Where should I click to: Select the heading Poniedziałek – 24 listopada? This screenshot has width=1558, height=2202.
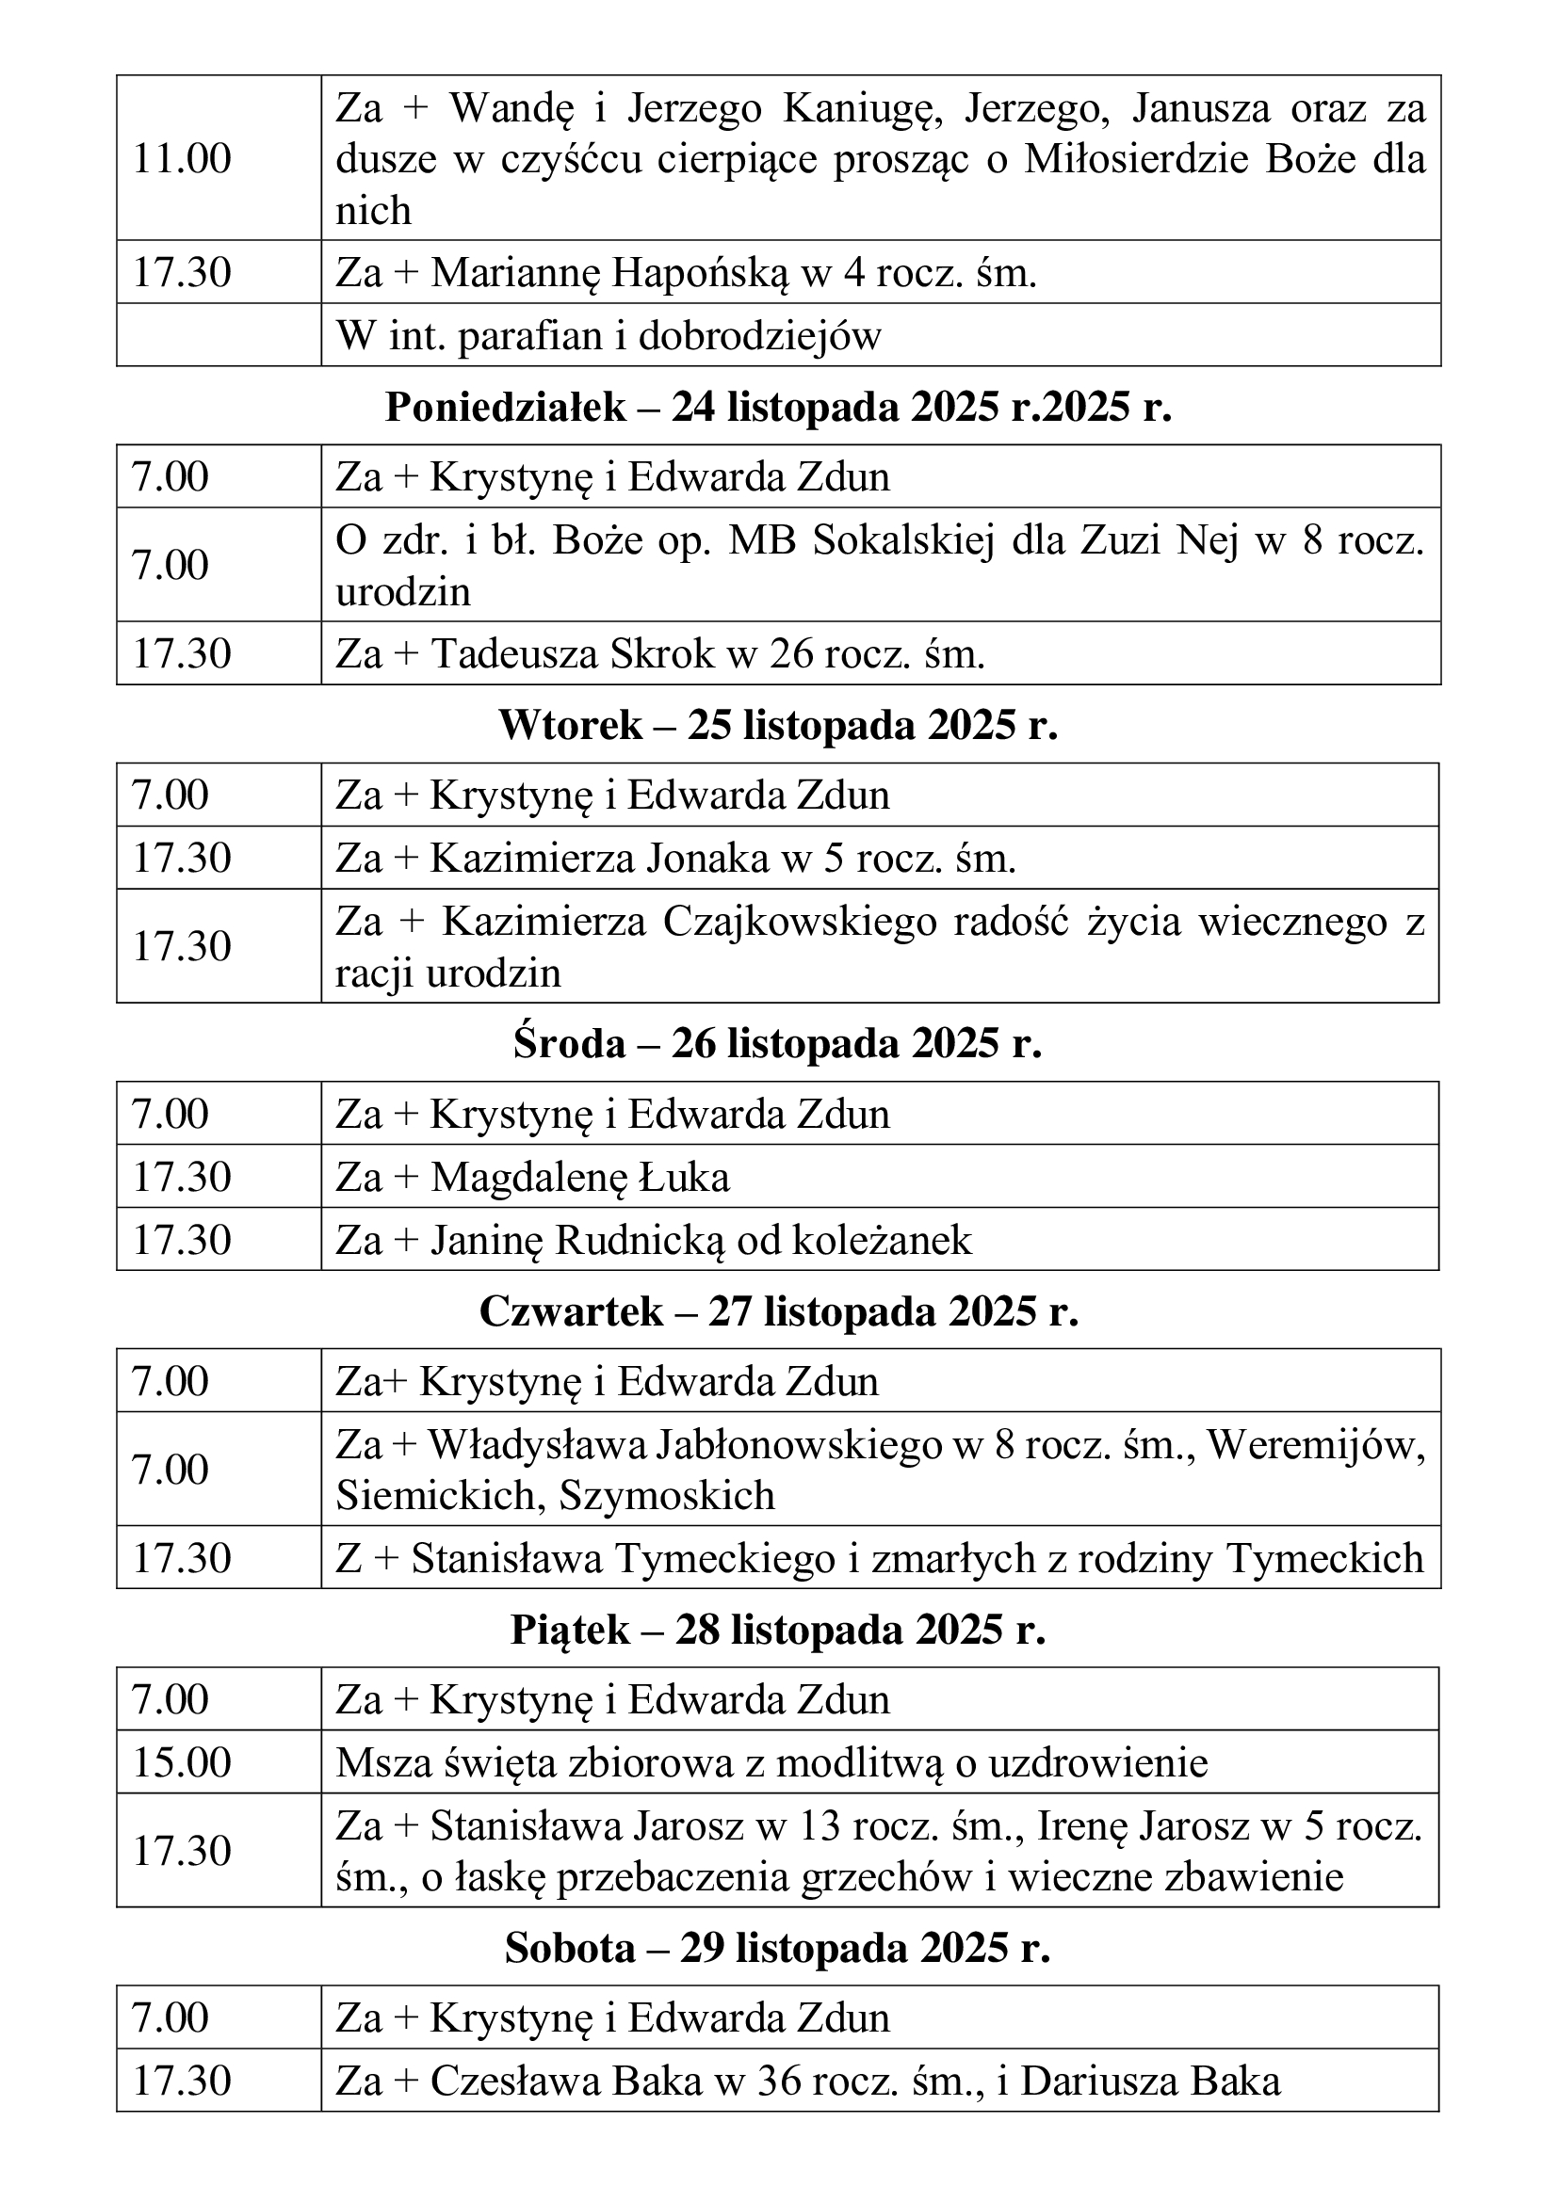(x=778, y=408)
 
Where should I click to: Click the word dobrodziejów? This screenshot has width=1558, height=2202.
(x=759, y=336)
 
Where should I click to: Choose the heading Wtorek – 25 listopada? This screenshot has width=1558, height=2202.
(x=778, y=726)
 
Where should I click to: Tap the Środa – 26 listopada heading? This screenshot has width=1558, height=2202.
(x=778, y=1043)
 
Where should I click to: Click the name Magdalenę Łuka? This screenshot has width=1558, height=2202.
(x=579, y=1177)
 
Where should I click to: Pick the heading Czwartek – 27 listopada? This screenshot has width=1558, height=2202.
(x=778, y=1311)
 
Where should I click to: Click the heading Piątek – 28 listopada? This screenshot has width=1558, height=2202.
(x=778, y=1630)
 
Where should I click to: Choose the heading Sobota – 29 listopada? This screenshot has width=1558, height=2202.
(x=778, y=1948)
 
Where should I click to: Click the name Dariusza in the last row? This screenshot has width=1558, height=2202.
(x=1096, y=2081)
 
